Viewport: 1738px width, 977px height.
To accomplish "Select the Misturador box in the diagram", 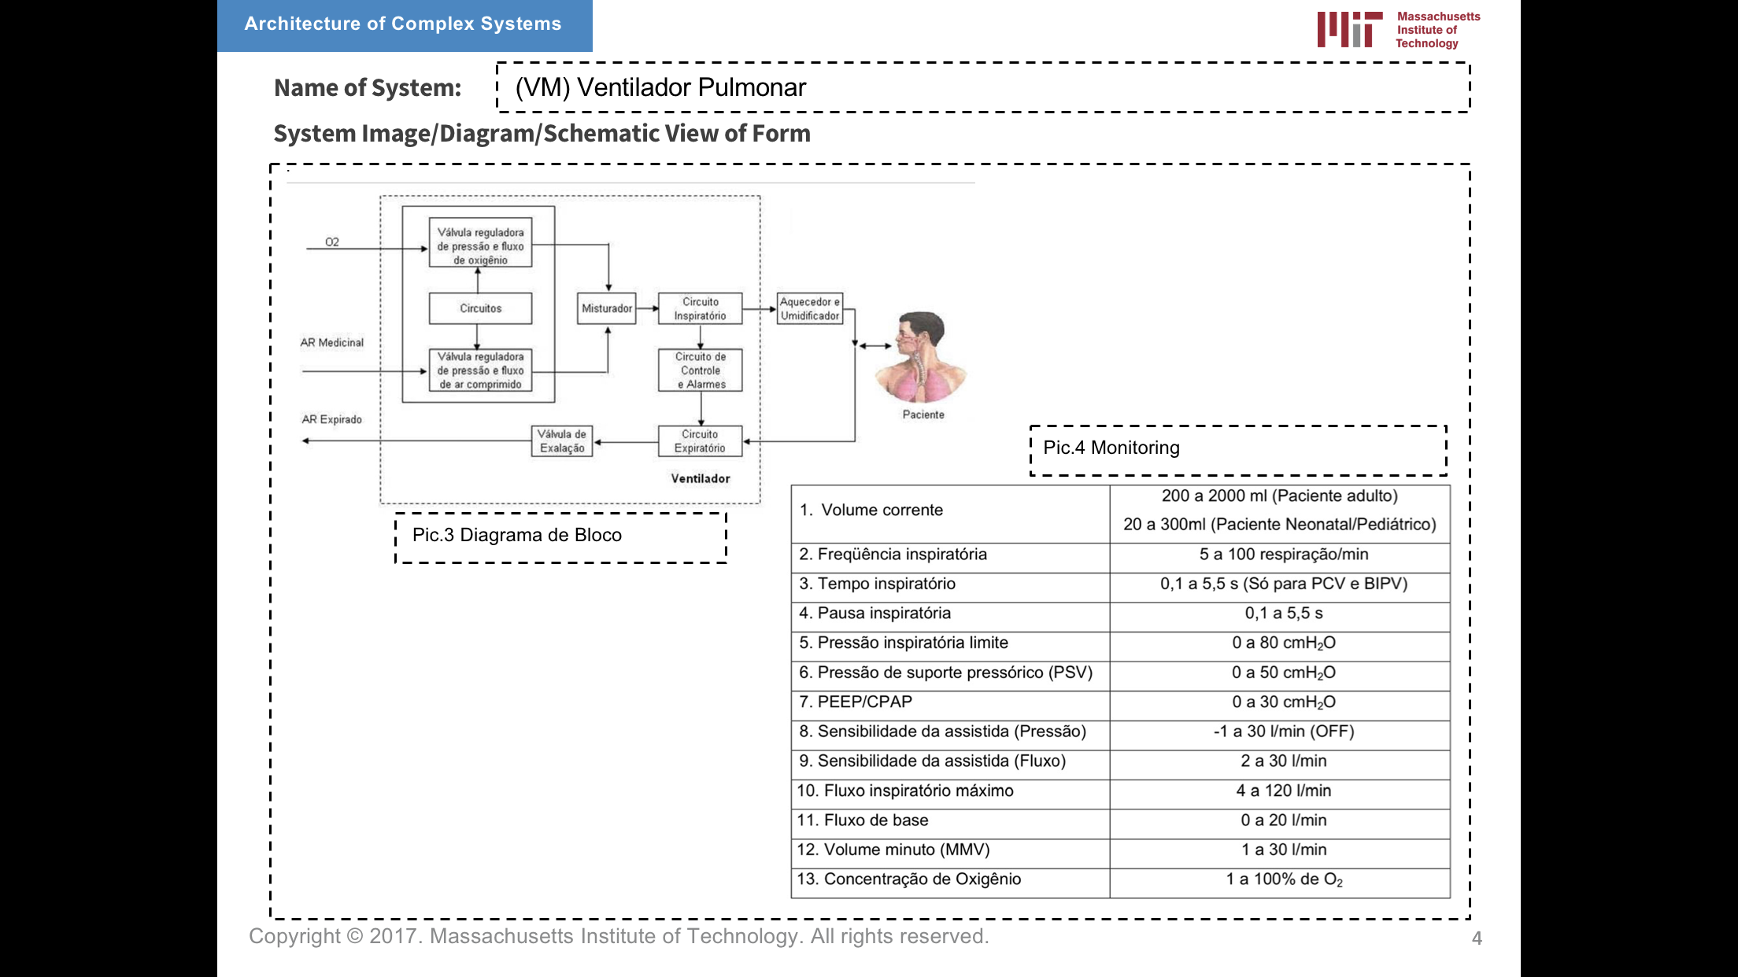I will [x=606, y=308].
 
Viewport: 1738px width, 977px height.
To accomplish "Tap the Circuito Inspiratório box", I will [x=700, y=308].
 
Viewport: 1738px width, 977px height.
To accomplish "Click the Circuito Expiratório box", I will [x=700, y=441].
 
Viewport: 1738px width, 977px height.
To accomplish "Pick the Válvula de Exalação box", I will [x=562, y=441].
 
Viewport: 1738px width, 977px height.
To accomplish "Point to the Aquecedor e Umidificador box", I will [x=809, y=308].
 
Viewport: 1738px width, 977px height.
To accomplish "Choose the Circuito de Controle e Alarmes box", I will [x=700, y=371].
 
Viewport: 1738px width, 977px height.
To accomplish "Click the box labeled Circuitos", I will [x=480, y=308].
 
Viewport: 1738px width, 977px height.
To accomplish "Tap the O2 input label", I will [x=332, y=242].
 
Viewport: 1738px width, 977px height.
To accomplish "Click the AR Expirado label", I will [x=331, y=419].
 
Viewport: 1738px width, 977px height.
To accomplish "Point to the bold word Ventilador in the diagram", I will [x=700, y=478].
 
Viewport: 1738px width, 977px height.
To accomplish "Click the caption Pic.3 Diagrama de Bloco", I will [x=517, y=536].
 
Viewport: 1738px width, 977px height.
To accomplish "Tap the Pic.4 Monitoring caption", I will [x=1111, y=448].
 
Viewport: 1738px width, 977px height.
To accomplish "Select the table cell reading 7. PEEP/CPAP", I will [x=856, y=702].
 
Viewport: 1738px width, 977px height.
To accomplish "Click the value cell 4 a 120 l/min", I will [x=1283, y=791].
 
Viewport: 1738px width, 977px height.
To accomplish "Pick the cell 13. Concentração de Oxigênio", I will [x=909, y=879].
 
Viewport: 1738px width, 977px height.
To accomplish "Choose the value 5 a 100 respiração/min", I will [x=1283, y=555].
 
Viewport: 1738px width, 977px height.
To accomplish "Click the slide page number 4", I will [x=1477, y=938].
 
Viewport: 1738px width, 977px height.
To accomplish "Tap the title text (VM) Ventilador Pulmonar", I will [x=660, y=87].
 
